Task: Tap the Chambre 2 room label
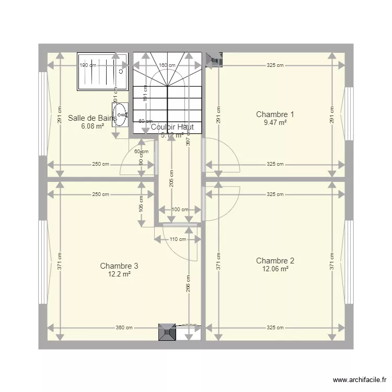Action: (275, 261)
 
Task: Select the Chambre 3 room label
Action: (119, 266)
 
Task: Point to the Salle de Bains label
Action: (92, 119)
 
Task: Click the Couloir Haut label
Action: (172, 127)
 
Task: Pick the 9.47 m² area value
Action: (275, 123)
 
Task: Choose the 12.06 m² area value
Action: (275, 269)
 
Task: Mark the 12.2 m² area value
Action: (119, 274)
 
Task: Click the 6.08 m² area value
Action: (92, 126)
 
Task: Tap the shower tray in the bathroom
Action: (102, 71)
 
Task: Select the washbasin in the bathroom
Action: (120, 115)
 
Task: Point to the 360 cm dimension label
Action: (124, 328)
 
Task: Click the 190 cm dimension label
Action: (88, 65)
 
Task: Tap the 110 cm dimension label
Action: (178, 239)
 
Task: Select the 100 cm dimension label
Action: (180, 210)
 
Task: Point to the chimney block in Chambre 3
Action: (167, 331)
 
